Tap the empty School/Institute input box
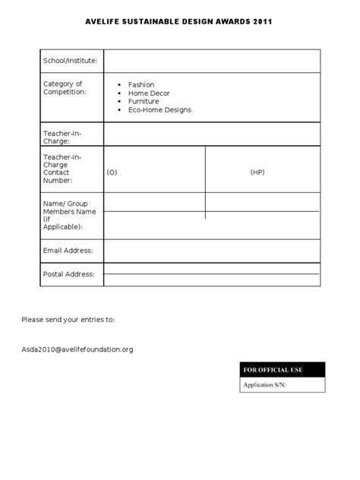tap(211, 61)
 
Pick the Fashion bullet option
tap(141, 85)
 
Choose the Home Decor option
tap(149, 93)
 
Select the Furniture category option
tap(144, 101)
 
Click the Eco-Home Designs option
tap(159, 110)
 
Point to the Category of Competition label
tap(65, 87)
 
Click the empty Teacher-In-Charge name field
tap(211, 135)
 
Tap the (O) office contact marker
tap(112, 172)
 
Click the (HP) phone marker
tap(257, 172)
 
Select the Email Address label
tap(68, 251)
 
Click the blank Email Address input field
tap(211, 251)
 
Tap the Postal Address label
tap(68, 274)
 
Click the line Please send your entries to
tap(68, 319)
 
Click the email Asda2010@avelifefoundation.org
tap(77, 349)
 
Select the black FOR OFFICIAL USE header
tap(282, 370)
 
